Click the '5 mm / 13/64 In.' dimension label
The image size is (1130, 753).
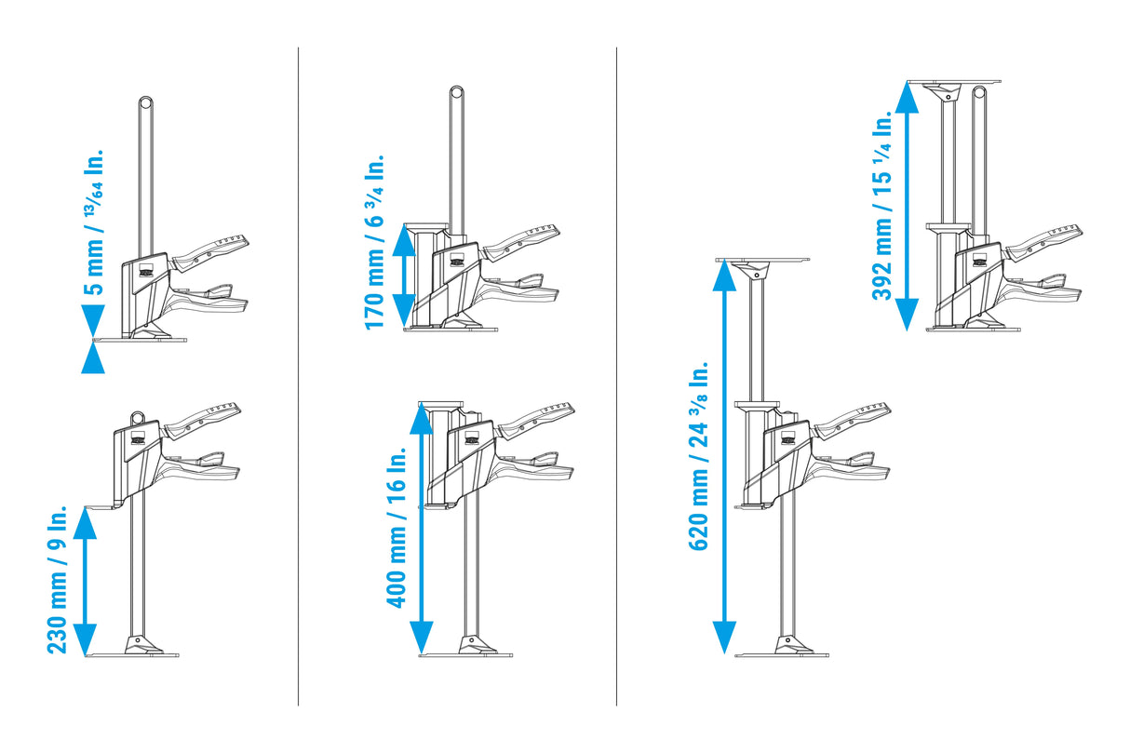click(x=94, y=222)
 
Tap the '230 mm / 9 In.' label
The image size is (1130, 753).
click(x=57, y=580)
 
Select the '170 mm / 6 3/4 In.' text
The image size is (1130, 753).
click(x=374, y=242)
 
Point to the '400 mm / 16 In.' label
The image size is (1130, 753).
click(x=396, y=528)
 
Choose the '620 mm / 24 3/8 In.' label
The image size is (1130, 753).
click(x=699, y=455)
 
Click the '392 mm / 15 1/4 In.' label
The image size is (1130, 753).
click(x=881, y=206)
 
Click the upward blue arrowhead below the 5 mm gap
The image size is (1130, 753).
click(x=93, y=357)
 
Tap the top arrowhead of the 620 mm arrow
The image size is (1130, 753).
click(x=724, y=276)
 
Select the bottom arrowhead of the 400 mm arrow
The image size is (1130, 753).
click(x=422, y=638)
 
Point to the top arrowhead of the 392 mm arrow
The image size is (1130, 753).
click(x=907, y=97)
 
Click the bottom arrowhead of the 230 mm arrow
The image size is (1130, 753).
click(x=85, y=640)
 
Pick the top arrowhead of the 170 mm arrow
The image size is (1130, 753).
click(x=404, y=240)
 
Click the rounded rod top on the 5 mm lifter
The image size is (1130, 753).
click(x=146, y=103)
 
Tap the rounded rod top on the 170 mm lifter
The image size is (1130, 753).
click(x=456, y=93)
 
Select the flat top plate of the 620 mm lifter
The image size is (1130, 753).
click(x=762, y=260)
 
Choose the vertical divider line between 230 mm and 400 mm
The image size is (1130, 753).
click(x=298, y=376)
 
